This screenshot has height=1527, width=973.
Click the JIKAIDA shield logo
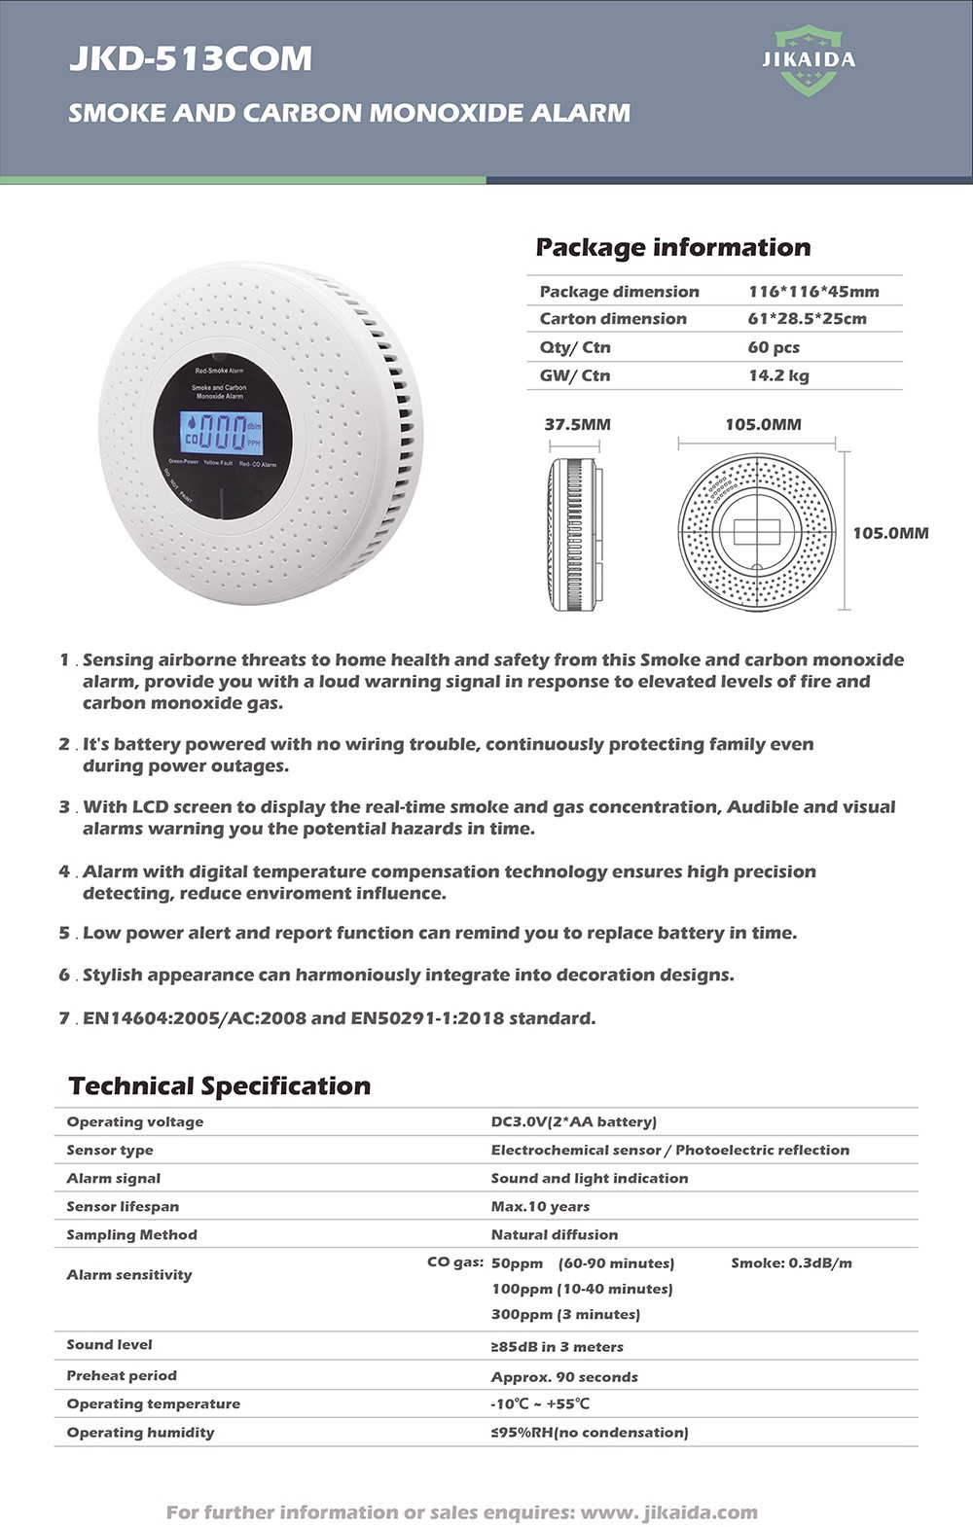pos(809,60)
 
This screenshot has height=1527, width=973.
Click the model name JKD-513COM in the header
pos(191,59)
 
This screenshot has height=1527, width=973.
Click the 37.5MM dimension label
pos(578,424)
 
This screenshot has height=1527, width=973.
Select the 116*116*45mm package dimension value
pos(813,292)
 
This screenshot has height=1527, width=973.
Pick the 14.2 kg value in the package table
pos(778,375)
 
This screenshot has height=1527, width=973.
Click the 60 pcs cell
pos(774,347)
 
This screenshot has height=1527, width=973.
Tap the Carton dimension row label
pos(613,319)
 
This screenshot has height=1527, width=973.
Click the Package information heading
pos(672,247)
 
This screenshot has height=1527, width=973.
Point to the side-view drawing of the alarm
pos(574,534)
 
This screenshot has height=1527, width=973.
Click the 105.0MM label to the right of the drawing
pos(890,533)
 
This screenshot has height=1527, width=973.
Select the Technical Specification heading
pos(220,1085)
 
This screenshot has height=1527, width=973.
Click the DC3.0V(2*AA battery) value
pos(573,1121)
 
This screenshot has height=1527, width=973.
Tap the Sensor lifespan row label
pos(123,1206)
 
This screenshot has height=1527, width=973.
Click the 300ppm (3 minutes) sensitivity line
pos(565,1314)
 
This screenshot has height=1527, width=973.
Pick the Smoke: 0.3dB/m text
pos(791,1262)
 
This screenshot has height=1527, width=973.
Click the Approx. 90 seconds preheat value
pos(564,1376)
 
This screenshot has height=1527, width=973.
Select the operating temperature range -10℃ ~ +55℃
pos(540,1403)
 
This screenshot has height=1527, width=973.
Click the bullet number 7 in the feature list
pos(64,1018)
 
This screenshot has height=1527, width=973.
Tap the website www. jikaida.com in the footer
pos(668,1512)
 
